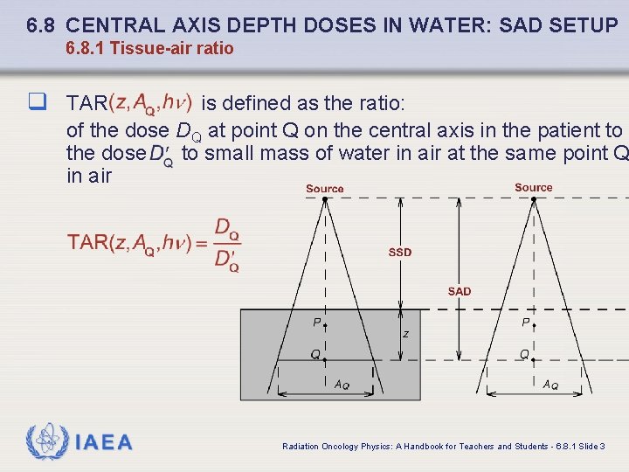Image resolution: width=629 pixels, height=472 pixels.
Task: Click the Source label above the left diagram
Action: pyautogui.click(x=325, y=189)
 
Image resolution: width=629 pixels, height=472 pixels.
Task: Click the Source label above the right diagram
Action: pyautogui.click(x=533, y=188)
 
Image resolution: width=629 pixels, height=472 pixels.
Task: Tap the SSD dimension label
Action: pyautogui.click(x=400, y=253)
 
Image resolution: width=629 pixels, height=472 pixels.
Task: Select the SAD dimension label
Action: pyautogui.click(x=459, y=291)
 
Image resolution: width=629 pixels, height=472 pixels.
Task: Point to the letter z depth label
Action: pyautogui.click(x=405, y=334)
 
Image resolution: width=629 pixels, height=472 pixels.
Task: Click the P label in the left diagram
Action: pyautogui.click(x=317, y=323)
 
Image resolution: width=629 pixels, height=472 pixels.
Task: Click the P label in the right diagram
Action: pyautogui.click(x=526, y=323)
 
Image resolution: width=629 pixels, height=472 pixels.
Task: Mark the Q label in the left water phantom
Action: pyautogui.click(x=314, y=354)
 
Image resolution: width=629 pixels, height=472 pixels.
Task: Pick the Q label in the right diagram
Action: pyautogui.click(x=524, y=354)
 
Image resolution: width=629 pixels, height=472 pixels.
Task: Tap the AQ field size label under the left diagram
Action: pyautogui.click(x=342, y=385)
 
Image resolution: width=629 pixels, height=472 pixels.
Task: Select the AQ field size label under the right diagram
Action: pyautogui.click(x=550, y=385)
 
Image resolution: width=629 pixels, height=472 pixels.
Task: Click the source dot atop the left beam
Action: pyautogui.click(x=325, y=199)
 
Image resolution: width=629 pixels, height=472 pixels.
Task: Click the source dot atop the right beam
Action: pyautogui.click(x=533, y=199)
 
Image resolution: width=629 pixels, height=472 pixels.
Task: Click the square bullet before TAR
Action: pyautogui.click(x=37, y=103)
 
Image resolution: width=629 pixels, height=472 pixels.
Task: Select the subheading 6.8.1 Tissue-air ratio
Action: pyautogui.click(x=149, y=48)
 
